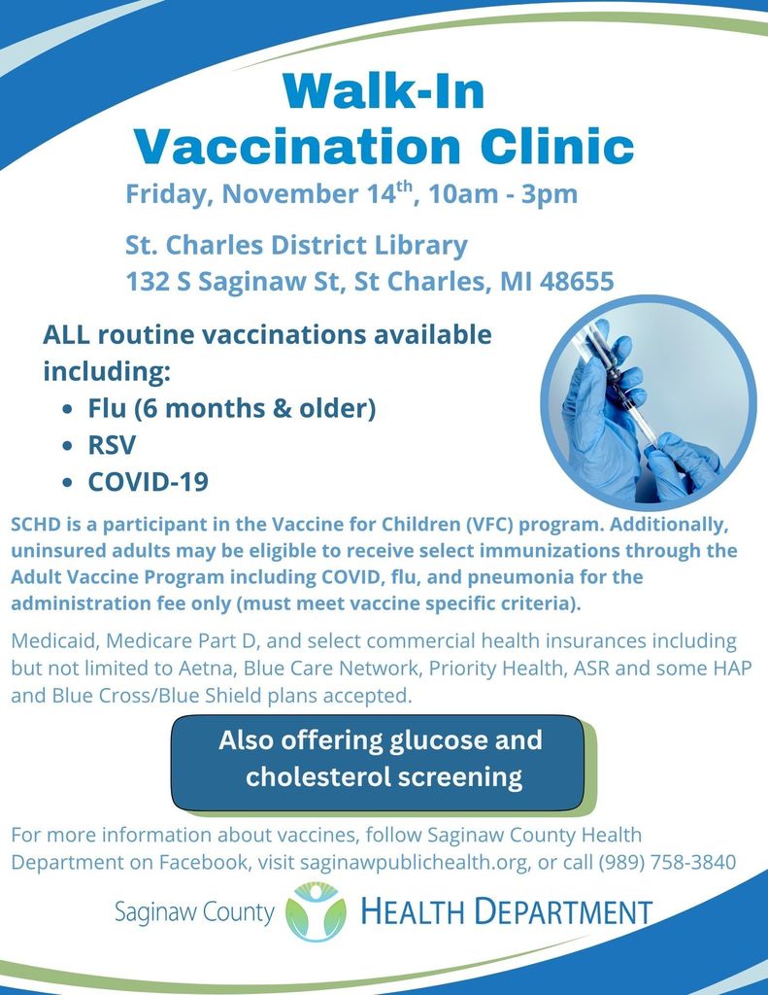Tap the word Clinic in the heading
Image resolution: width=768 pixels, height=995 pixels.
549,147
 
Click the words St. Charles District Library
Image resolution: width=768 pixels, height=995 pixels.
296,245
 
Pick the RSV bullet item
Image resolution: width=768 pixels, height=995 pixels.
112,445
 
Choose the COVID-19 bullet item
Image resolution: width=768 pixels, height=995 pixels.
148,482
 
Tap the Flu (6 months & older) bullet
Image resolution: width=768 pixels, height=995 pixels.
231,408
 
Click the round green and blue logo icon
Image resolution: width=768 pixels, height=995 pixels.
316,911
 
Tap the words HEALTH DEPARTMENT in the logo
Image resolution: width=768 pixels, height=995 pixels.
506,912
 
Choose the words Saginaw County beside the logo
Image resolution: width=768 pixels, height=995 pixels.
194,912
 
